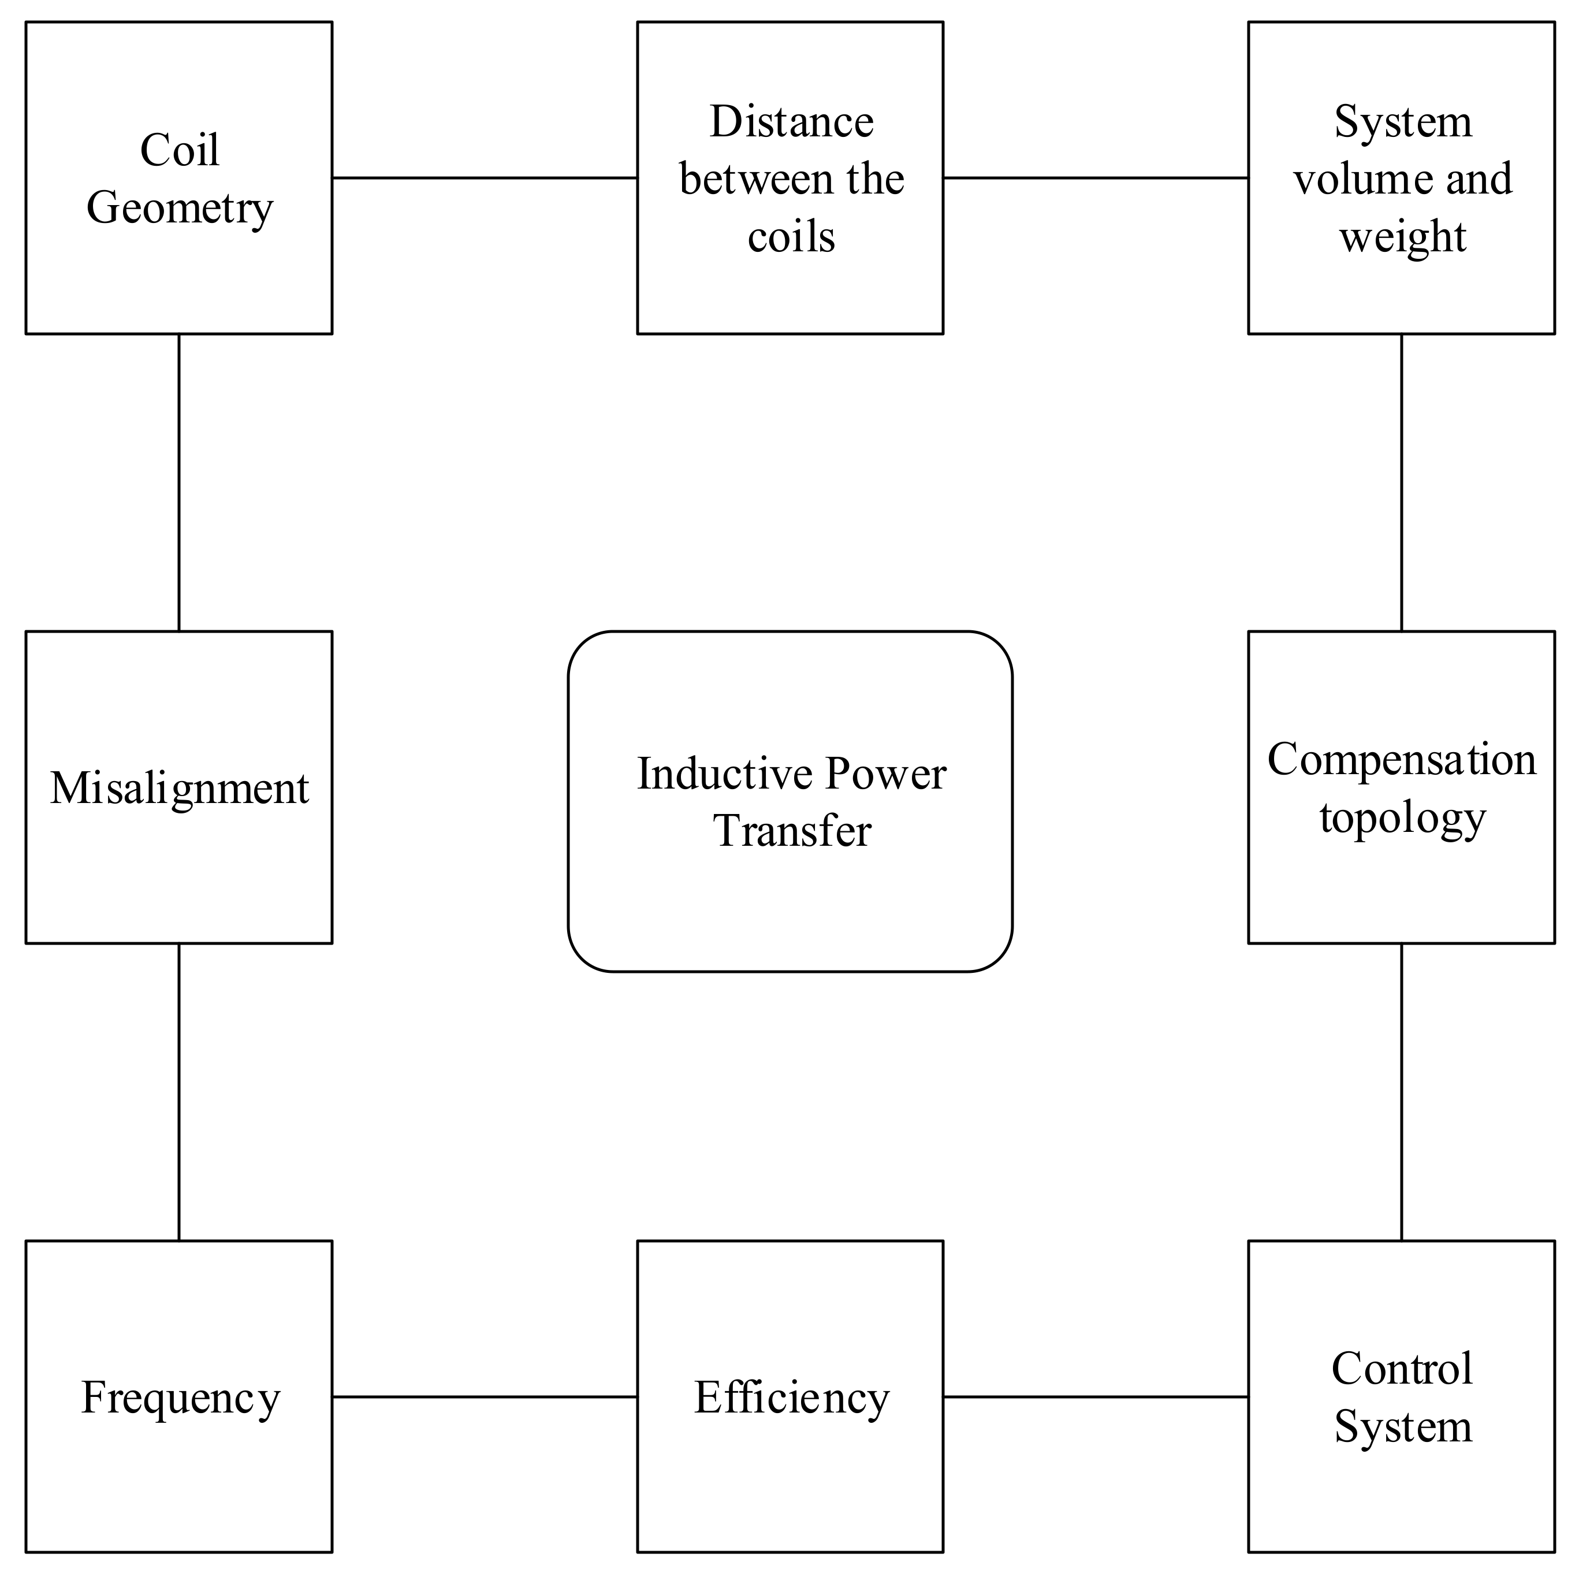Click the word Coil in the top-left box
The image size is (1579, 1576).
(x=179, y=150)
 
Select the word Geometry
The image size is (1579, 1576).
(x=179, y=209)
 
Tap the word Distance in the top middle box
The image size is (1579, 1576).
(x=791, y=122)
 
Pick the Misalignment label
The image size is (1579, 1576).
(x=179, y=789)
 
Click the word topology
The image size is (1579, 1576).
(x=1402, y=817)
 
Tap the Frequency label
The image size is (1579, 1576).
(x=180, y=1399)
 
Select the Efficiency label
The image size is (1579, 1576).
(x=791, y=1398)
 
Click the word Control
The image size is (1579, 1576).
(x=1402, y=1369)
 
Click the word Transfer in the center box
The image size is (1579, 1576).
(x=792, y=831)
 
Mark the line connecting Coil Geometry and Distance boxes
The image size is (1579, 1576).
(x=485, y=177)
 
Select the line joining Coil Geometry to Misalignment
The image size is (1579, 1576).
(x=179, y=482)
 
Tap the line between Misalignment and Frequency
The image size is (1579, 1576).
(x=179, y=1092)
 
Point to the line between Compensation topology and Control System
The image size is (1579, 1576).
(x=1402, y=1092)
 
